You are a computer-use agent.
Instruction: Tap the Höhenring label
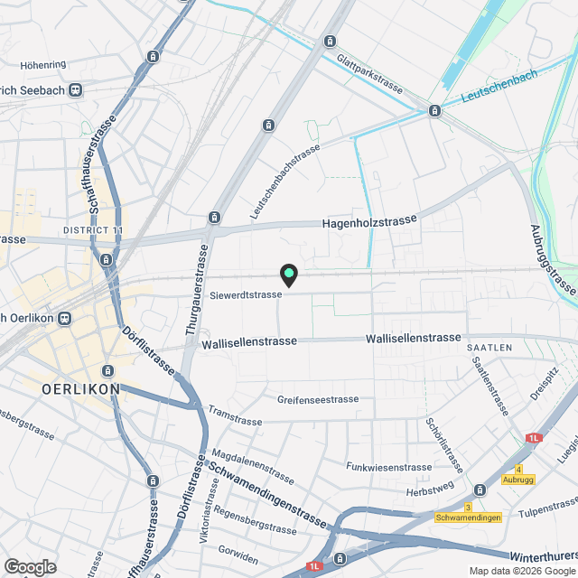point(43,65)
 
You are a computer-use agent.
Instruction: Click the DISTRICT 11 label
point(93,231)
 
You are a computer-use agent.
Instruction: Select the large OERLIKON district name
point(81,388)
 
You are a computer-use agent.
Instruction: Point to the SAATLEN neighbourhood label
point(489,348)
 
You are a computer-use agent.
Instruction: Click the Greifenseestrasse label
point(318,399)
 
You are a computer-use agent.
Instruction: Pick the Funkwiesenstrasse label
point(388,466)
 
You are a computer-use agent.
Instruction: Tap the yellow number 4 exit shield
point(518,469)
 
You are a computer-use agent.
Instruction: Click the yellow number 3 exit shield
point(468,507)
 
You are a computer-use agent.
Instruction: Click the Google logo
point(29,567)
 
